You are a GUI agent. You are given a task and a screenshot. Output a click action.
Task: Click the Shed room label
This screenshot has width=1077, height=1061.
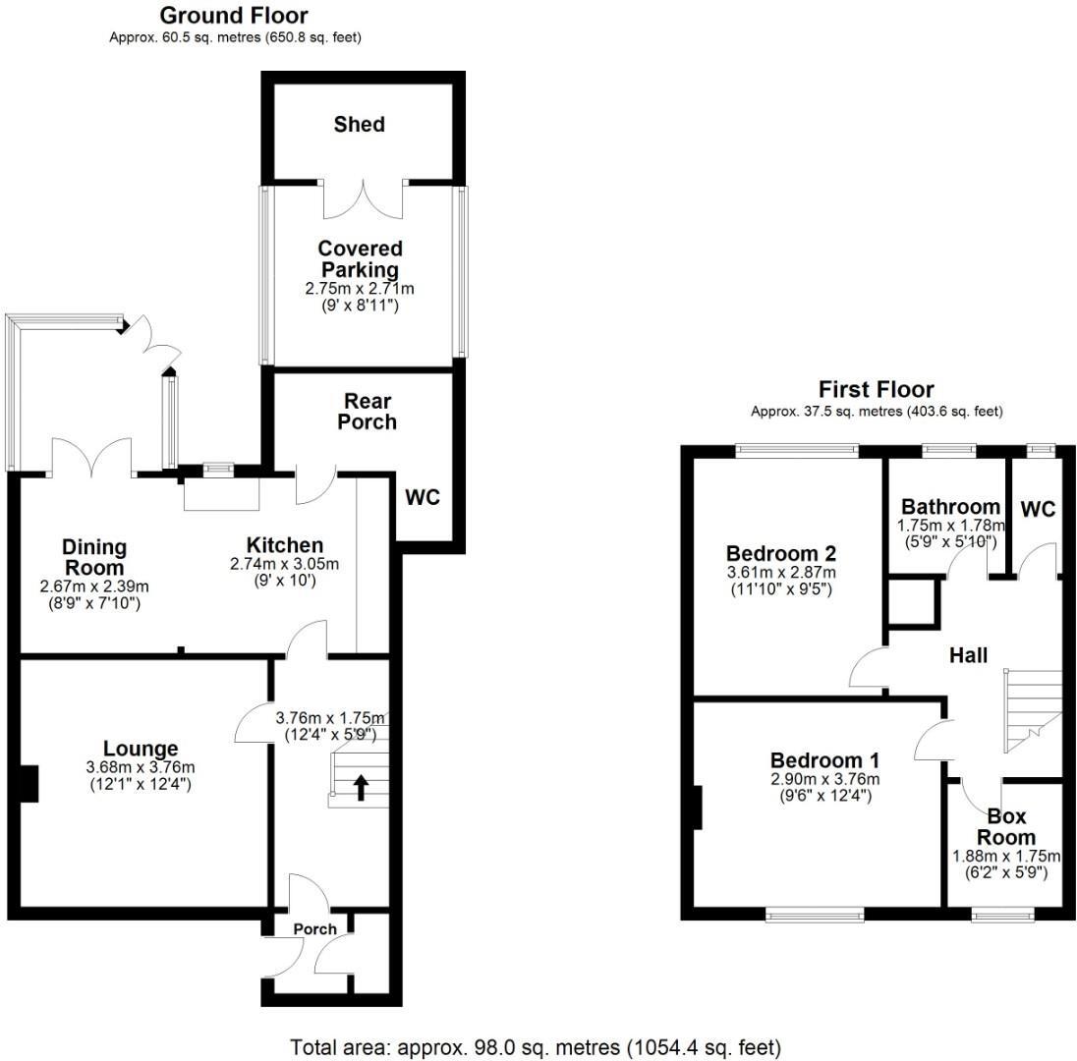coord(359,125)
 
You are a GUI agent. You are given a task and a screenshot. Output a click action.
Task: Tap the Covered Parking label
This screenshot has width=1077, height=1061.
coord(359,259)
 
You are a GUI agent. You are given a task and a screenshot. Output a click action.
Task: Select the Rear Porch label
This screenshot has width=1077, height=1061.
coord(368,412)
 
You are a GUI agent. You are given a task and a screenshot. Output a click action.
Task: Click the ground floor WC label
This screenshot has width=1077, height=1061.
coord(423,498)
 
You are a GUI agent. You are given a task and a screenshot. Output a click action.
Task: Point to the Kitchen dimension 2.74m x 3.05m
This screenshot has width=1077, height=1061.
coord(283,565)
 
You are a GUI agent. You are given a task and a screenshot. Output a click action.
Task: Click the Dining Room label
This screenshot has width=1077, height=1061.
coord(94,557)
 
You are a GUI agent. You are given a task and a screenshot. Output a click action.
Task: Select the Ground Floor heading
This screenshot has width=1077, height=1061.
coord(233,16)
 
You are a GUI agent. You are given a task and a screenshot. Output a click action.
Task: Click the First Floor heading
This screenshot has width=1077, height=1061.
coord(876,390)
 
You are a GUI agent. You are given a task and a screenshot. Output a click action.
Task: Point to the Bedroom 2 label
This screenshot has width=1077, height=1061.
coord(780,552)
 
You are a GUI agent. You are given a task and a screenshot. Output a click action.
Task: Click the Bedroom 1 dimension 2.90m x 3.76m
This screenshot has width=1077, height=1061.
coord(824,779)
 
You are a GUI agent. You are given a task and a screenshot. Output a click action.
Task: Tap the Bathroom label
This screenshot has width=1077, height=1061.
coord(950,507)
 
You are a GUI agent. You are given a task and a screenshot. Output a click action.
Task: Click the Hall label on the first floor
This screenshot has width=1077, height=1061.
coord(968,655)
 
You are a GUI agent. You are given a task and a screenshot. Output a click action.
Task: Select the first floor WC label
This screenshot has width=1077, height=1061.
coord(1038,509)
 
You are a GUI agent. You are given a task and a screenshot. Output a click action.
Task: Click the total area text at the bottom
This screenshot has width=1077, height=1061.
coord(537,1045)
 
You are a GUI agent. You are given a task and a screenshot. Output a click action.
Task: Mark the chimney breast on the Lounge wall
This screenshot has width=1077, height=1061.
coord(30,783)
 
